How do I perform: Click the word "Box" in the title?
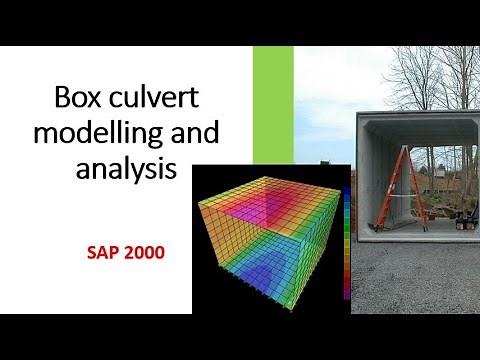point(81,100)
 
